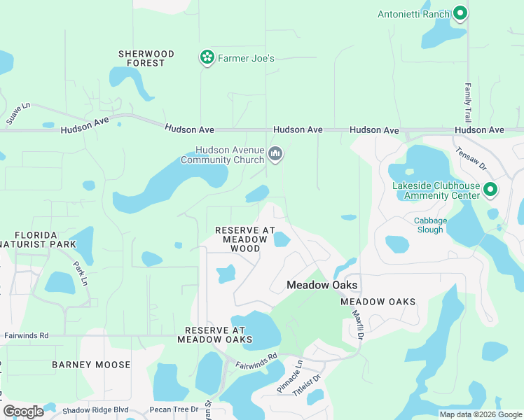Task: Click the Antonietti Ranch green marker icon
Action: point(460,13)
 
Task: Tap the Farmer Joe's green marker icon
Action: point(207,58)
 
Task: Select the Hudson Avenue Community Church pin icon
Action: point(275,154)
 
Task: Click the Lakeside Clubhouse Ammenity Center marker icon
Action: point(490,190)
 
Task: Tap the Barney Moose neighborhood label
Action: point(91,365)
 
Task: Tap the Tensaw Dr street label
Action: point(471,159)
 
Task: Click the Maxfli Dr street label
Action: point(359,326)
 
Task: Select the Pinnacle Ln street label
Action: point(289,377)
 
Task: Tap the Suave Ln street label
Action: point(18,113)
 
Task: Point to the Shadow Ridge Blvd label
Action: point(95,409)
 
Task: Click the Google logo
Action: point(23,411)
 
